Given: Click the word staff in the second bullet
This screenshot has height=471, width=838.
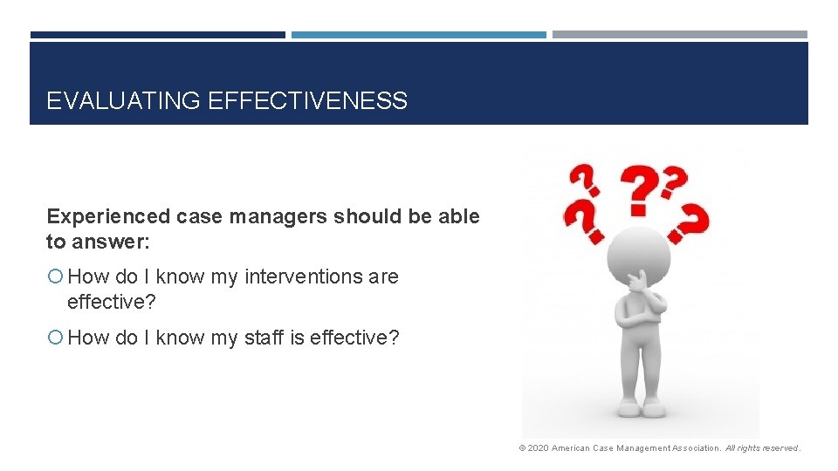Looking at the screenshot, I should pos(264,338).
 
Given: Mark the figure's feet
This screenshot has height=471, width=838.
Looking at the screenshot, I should pos(641,407).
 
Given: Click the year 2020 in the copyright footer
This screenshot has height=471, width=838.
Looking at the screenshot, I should pos(538,448).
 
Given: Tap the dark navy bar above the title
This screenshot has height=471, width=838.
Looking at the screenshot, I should pos(157,35).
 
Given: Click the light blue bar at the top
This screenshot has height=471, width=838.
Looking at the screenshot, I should pos(418,35).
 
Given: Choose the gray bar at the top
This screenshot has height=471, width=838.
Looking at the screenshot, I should pos(679,35).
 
